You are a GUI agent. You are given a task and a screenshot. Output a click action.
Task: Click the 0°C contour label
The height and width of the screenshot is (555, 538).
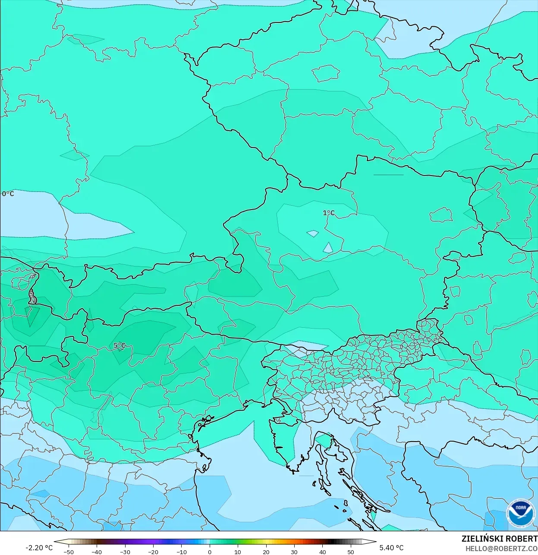click(x=8, y=194)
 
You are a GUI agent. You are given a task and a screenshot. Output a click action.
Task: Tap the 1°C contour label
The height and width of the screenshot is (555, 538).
click(x=328, y=213)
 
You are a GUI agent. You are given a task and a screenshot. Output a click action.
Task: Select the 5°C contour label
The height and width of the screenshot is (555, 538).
click(x=120, y=345)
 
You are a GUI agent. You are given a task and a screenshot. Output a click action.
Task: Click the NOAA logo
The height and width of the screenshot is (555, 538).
click(x=520, y=513)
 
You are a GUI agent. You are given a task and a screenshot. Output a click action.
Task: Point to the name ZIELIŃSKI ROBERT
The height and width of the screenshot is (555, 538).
click(x=499, y=539)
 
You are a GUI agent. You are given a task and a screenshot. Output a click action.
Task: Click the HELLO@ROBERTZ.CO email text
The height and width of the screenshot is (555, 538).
click(x=501, y=548)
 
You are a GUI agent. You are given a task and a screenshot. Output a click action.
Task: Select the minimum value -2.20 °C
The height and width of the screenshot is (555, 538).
click(x=39, y=548)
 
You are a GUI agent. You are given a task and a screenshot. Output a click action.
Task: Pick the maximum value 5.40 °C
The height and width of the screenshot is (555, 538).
click(x=391, y=548)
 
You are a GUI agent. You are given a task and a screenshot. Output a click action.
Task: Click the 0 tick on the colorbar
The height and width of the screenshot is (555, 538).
click(x=210, y=552)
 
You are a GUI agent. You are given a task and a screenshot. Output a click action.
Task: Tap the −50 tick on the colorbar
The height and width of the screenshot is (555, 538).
click(x=68, y=552)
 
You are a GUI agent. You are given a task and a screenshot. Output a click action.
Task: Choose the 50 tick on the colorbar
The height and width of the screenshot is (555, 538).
click(x=351, y=552)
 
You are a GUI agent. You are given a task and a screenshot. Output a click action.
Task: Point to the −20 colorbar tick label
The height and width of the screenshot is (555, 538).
click(x=153, y=552)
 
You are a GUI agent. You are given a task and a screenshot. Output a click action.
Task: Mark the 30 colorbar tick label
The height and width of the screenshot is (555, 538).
click(x=294, y=552)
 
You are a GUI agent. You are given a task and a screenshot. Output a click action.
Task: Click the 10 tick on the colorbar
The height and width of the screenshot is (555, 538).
click(x=238, y=552)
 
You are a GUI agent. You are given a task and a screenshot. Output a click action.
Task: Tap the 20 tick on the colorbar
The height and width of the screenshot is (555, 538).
click(x=266, y=552)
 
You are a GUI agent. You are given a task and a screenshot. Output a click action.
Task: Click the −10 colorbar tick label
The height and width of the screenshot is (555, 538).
click(x=181, y=552)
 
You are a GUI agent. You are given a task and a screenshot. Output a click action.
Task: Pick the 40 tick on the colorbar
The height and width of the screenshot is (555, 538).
click(x=323, y=552)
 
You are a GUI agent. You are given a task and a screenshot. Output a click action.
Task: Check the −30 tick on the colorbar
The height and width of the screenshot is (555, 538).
click(x=125, y=552)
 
